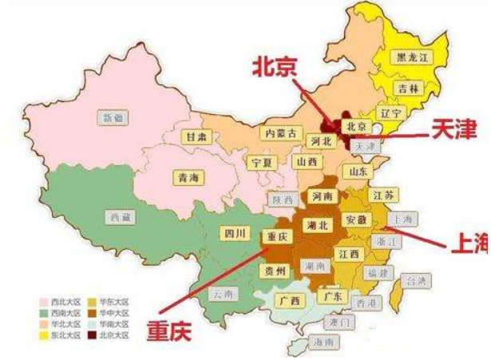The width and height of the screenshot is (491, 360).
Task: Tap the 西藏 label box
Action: tap(117, 216)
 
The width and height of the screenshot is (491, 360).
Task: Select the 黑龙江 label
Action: tap(413, 57)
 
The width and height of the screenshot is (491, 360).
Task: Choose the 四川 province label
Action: tap(235, 233)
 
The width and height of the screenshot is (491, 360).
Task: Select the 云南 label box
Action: tap(223, 294)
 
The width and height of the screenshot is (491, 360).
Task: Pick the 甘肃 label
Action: tap(196, 137)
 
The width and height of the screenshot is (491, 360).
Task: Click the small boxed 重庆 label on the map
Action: tap(275, 236)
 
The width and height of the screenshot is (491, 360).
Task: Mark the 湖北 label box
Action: tap(317, 226)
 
